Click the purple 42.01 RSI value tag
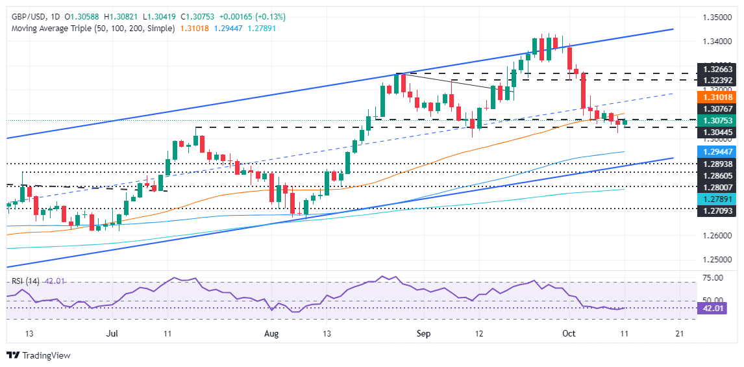tap(711, 309)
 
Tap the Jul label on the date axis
tap(114, 333)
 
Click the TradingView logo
tap(38, 355)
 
